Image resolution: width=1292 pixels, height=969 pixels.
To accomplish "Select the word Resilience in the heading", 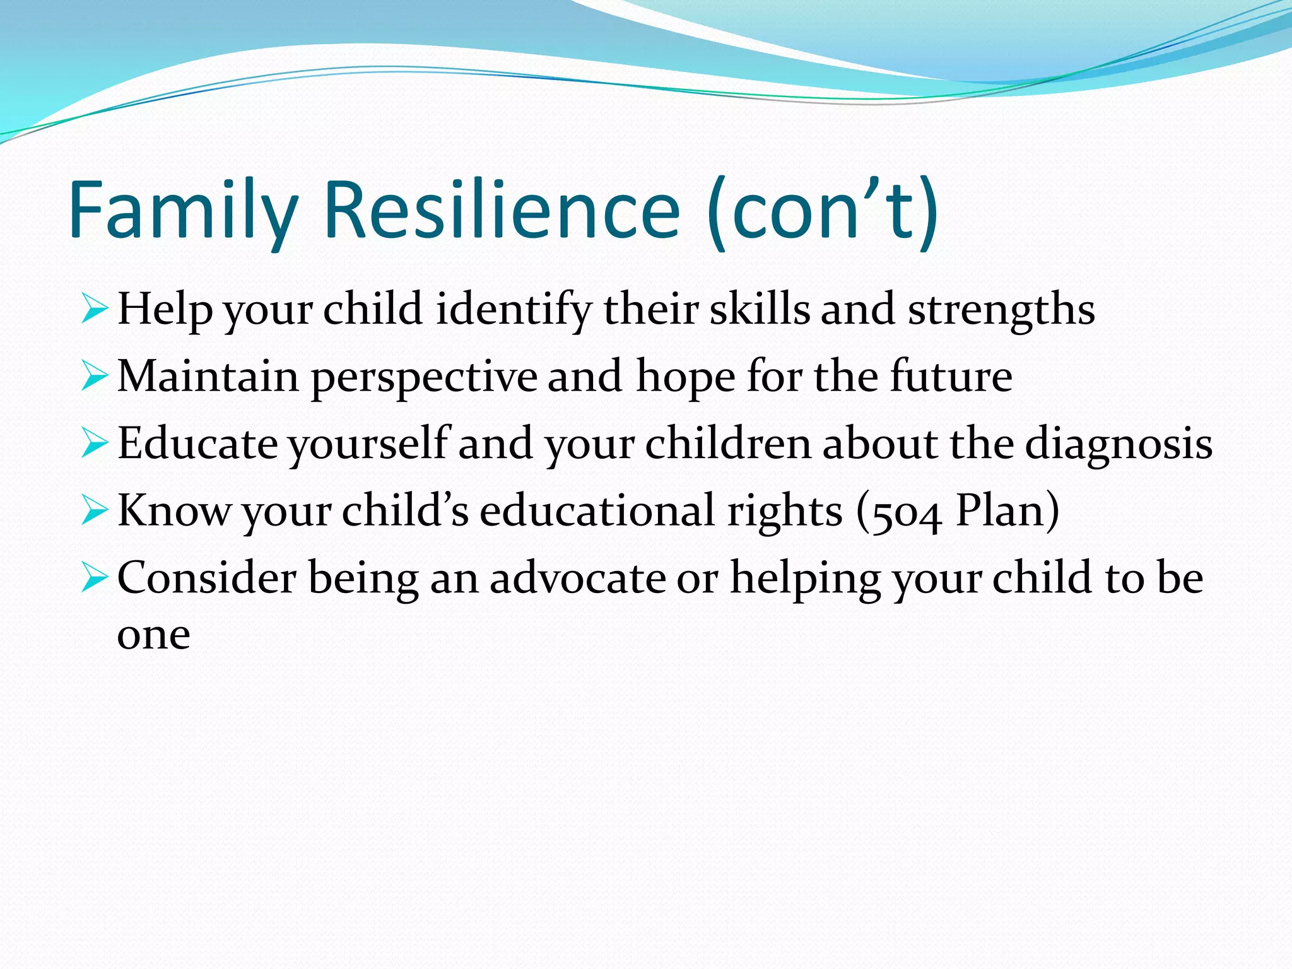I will (502, 211).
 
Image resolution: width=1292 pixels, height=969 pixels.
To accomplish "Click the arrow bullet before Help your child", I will (95, 310).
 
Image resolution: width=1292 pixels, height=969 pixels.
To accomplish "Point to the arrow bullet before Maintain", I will (95, 377).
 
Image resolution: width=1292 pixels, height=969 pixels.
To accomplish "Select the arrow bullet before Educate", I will (95, 444).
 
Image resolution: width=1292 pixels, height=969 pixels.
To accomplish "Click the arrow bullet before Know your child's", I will (95, 511).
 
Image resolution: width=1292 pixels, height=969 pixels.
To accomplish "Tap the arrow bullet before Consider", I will (95, 578).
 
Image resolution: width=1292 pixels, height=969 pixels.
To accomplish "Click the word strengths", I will (1001, 310).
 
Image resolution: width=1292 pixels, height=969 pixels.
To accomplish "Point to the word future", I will (951, 377).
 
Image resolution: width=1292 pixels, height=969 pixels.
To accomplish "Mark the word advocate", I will (577, 578).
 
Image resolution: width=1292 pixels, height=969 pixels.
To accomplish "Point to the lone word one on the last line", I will (153, 636).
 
